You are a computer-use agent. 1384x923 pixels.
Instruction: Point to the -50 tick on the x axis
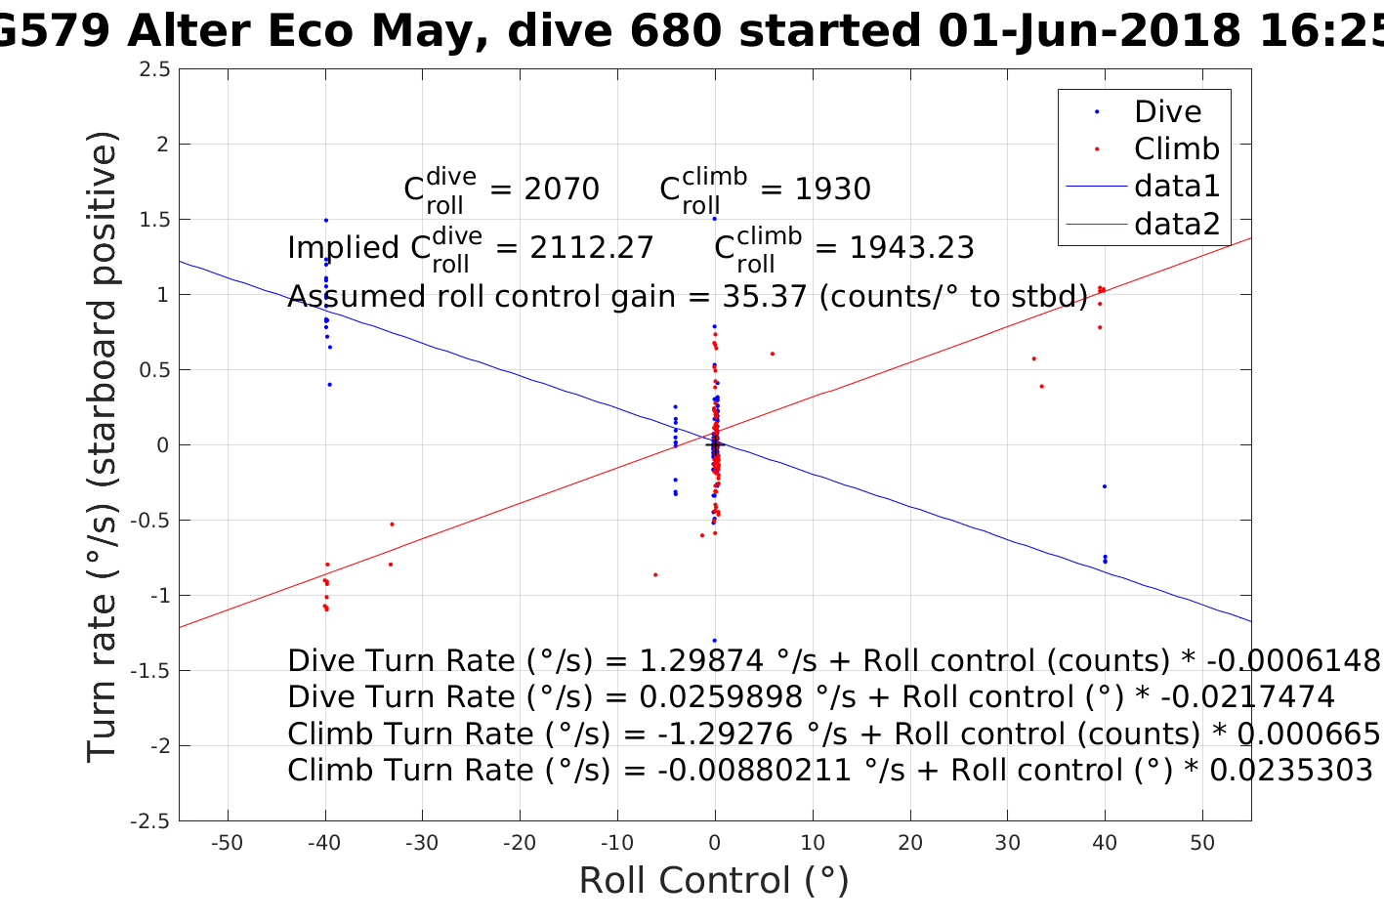pos(228,844)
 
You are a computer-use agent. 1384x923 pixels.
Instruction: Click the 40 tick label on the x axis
pos(1105,844)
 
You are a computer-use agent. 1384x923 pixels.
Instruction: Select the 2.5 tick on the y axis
pos(155,69)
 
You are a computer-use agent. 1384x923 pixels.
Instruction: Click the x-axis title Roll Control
pos(714,881)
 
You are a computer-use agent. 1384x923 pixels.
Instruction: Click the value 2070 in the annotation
pos(562,189)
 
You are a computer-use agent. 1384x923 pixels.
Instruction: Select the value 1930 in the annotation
pos(832,189)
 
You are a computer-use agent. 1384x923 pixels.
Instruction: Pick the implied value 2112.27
pos(592,248)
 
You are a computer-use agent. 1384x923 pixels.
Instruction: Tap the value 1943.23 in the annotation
pos(911,248)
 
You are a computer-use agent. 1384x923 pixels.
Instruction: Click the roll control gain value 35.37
pos(769,296)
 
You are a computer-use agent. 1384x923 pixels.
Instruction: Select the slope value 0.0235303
pos(1291,771)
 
